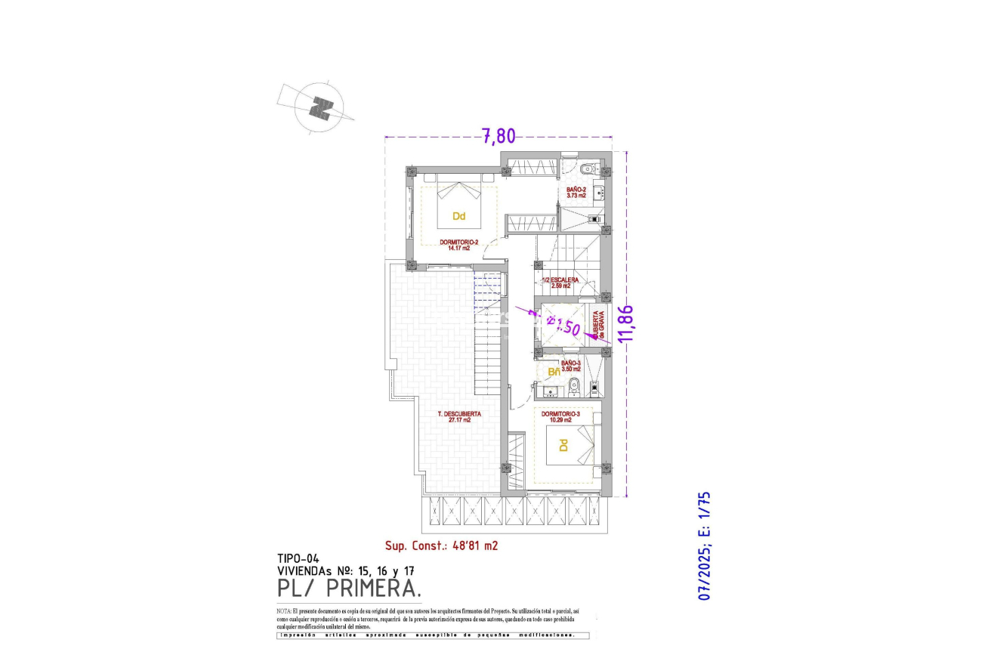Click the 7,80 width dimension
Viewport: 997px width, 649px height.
pyautogui.click(x=498, y=136)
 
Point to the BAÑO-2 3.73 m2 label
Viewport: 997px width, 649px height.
pyautogui.click(x=576, y=192)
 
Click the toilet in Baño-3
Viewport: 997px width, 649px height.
pyautogui.click(x=574, y=385)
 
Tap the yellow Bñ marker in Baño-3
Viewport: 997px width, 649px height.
pyautogui.click(x=553, y=372)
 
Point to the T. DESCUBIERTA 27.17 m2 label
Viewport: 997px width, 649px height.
pyautogui.click(x=459, y=416)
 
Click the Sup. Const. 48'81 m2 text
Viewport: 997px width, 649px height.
pyautogui.click(x=442, y=544)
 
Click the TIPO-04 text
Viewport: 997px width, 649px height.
pyautogui.click(x=298, y=559)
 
